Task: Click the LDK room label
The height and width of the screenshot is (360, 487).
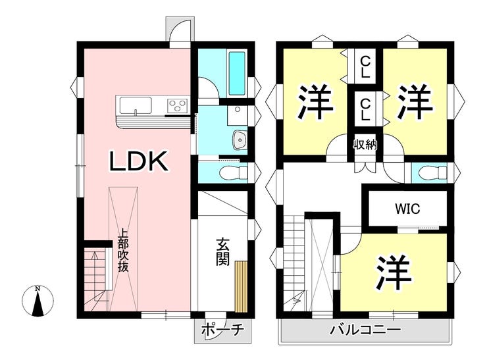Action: [x=140, y=161]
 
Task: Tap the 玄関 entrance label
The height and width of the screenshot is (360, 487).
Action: [x=223, y=251]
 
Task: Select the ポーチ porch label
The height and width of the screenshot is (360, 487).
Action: [x=222, y=330]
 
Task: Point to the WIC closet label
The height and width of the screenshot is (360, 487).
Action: [x=407, y=209]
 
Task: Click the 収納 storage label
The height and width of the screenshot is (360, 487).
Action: [x=365, y=145]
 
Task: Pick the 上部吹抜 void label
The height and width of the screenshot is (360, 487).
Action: [x=123, y=250]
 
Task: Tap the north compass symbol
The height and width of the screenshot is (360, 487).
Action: [x=38, y=301]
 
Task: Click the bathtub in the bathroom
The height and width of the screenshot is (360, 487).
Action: [x=238, y=74]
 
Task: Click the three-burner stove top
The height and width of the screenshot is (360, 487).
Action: [x=178, y=105]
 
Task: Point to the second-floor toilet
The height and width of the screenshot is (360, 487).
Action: [x=432, y=172]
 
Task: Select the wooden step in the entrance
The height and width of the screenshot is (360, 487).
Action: [x=241, y=286]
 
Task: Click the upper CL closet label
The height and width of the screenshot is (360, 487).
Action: [x=365, y=67]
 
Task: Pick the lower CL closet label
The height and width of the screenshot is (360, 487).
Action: [x=365, y=110]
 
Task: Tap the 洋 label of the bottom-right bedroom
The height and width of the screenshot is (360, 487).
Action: [x=394, y=273]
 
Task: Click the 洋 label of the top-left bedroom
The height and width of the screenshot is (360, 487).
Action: [x=316, y=101]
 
